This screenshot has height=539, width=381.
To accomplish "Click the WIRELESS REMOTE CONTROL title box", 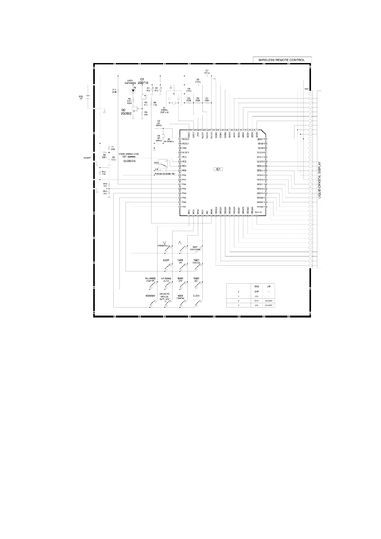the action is coord(282,60).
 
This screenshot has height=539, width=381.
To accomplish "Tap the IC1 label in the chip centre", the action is coord(218,169).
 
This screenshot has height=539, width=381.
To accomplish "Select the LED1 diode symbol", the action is coord(134,91).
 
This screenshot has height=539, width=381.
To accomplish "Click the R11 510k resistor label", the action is coord(114,91).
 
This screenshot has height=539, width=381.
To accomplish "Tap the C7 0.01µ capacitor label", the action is coord(207,72).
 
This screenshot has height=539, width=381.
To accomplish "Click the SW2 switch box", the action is coord(163,164).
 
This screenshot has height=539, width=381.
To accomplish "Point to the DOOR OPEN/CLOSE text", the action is coord(129,154).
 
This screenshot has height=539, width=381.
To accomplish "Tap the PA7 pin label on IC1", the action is coord(184,207).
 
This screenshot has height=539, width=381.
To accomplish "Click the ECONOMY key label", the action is coord(150,296).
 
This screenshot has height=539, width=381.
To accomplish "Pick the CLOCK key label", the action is coord(196,296).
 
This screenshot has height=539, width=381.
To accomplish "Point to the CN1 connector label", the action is coord(307,89).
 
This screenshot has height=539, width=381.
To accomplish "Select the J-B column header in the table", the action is coord(269,286).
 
